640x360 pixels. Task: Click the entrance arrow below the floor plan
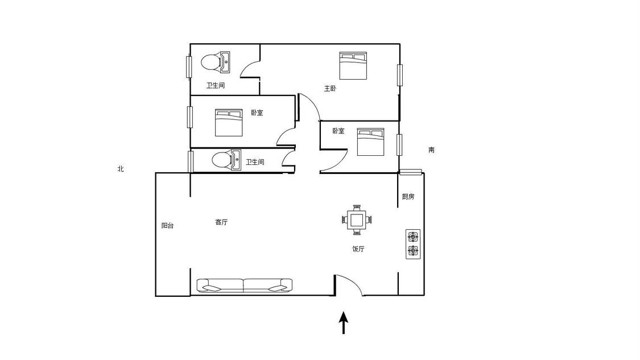344,322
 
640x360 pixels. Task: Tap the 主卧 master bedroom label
330,89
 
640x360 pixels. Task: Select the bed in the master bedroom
353,65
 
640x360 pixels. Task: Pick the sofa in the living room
245,285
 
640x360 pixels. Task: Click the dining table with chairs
357,220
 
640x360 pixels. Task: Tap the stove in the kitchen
413,244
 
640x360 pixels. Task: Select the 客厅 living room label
221,222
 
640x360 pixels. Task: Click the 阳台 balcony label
167,226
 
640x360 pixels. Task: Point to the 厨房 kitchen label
408,197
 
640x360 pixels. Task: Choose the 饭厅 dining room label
358,249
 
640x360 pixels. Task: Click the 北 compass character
121,169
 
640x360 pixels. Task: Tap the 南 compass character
432,150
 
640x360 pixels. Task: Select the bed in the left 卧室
229,123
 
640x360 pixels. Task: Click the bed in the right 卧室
370,142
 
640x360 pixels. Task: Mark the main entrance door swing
349,285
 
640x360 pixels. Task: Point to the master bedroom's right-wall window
400,75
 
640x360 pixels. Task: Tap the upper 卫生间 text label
216,86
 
